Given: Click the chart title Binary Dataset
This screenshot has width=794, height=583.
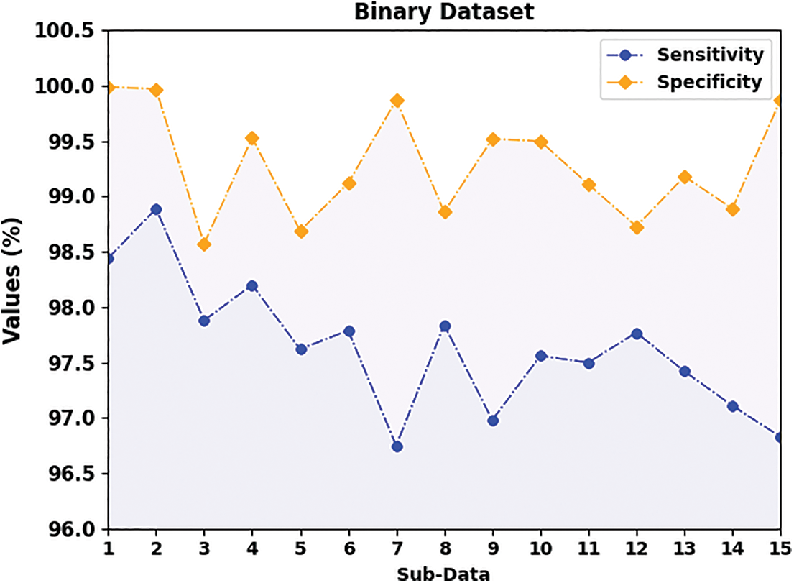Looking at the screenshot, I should pos(445,12).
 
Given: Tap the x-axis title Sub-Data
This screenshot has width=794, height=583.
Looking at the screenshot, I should pos(444,574).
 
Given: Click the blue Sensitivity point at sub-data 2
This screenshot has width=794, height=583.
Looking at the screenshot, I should pos(156,209).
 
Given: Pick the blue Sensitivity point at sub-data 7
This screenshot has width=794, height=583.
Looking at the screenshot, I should pos(397,446).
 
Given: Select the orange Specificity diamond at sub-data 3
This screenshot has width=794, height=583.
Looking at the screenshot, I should pos(204,244).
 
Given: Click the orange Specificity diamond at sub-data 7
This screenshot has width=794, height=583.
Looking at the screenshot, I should pos(397,101).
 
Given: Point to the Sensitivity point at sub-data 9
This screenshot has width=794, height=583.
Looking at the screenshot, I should pos(493,421).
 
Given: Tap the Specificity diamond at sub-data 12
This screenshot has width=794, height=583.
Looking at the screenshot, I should pos(637,227).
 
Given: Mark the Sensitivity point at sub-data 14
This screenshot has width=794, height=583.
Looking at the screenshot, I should pos(733,406).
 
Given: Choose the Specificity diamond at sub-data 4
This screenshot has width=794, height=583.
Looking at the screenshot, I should pos(252,138).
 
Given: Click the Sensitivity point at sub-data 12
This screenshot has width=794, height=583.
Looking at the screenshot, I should pos(637,334).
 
